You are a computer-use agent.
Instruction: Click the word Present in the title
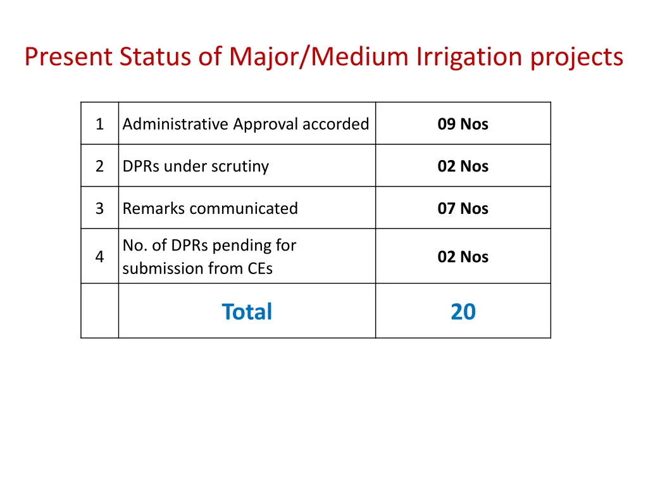coord(68,57)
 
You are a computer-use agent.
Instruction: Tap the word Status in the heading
coord(155,57)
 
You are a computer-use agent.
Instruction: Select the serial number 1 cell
coord(99,124)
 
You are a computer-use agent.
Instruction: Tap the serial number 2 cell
coord(99,166)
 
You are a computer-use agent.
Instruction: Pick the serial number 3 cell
coord(99,208)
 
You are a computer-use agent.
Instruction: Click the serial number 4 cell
coord(99,256)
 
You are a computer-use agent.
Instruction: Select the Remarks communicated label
coord(210,208)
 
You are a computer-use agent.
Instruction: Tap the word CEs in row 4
coord(260,268)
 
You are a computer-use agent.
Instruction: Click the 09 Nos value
coord(463,124)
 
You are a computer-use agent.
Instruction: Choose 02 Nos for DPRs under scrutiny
coord(463,166)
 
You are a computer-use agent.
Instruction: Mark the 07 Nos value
coord(463,208)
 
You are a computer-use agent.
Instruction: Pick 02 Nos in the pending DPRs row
coord(463,256)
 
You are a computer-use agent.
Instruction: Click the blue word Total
coord(247,311)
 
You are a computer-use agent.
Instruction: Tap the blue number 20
coord(463,311)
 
